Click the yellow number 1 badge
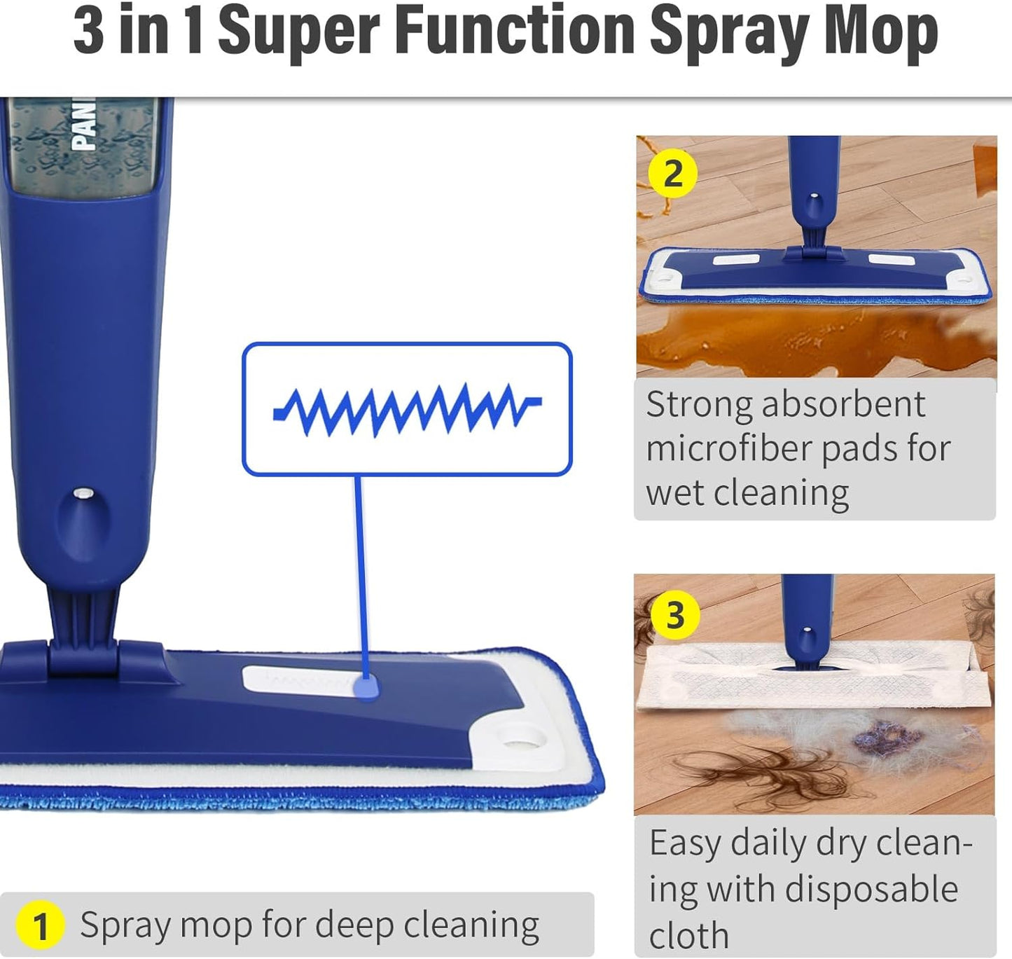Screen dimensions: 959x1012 click(x=40, y=925)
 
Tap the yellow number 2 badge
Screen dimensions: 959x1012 click(x=672, y=174)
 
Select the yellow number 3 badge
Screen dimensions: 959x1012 click(x=674, y=615)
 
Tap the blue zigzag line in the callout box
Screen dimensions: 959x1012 click(x=406, y=409)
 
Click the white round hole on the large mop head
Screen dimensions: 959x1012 click(x=521, y=739)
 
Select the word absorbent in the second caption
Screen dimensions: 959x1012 click(x=843, y=404)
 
